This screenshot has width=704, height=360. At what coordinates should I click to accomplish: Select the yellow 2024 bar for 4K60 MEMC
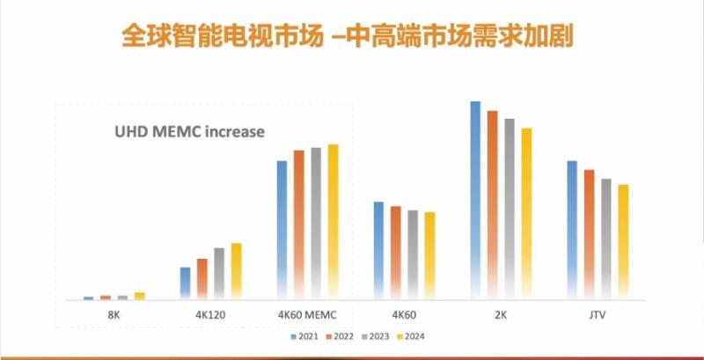coord(333,222)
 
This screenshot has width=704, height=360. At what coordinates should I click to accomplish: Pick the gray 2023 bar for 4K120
coord(219,274)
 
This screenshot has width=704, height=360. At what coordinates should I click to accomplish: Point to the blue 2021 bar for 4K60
coord(378,251)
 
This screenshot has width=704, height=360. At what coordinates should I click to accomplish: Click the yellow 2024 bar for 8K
coord(139,297)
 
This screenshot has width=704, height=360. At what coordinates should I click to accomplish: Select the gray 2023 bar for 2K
coord(509,209)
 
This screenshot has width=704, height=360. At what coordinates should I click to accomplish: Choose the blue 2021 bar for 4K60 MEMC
coord(282,230)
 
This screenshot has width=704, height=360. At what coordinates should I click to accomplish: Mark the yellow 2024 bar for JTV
coord(623,242)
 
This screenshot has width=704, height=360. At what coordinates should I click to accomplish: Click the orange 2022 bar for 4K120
coord(202,279)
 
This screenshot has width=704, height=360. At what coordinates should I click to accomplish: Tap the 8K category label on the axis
coord(114,313)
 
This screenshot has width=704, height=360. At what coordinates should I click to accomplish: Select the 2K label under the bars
coord(501,313)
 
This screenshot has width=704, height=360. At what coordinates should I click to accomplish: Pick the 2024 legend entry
coord(411,335)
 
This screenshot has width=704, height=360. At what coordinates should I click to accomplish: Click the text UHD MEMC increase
coord(189,133)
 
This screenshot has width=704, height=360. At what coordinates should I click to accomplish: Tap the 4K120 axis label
coord(210,313)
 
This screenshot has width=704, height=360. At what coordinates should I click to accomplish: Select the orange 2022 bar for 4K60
coord(395,253)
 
